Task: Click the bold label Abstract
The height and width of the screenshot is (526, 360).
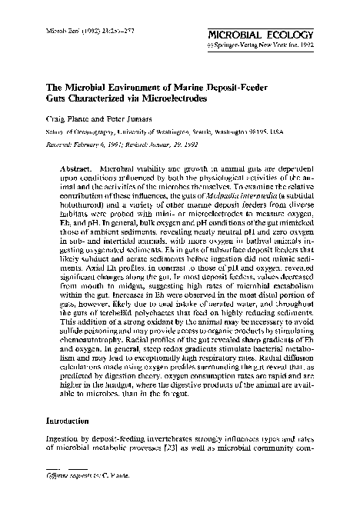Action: (75, 167)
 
